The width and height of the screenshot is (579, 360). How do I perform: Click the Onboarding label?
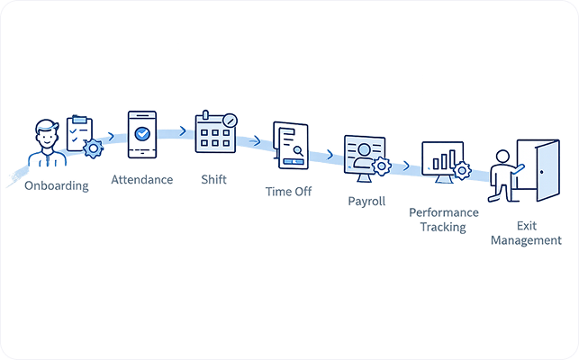(x=58, y=186)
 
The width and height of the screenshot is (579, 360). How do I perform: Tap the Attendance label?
(x=141, y=179)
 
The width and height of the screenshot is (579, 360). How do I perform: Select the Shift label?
(x=214, y=179)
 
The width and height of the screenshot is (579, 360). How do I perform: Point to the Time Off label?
(x=288, y=192)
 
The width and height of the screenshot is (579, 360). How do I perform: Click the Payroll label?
(x=366, y=201)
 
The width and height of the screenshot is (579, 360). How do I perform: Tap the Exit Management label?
(x=526, y=233)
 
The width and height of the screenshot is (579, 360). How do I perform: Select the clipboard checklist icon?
(x=79, y=134)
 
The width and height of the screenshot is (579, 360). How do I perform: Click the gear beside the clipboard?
(x=92, y=149)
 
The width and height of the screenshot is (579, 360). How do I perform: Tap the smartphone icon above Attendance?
(x=141, y=135)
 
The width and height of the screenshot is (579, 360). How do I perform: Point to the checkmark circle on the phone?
(x=141, y=132)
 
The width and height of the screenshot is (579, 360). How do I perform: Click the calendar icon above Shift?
(x=216, y=135)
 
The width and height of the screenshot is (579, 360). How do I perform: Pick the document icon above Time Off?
(x=287, y=145)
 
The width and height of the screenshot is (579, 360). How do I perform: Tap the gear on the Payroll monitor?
(x=381, y=166)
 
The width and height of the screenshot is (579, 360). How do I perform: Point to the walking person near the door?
(x=503, y=176)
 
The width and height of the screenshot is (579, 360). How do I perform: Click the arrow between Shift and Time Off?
(x=255, y=140)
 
